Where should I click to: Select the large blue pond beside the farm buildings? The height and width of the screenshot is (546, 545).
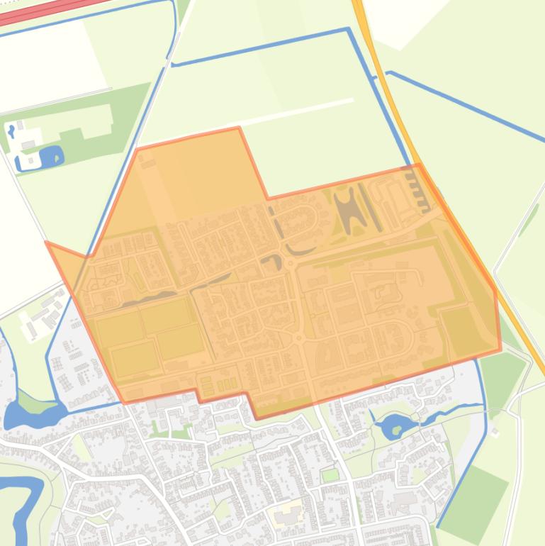tap(51, 156)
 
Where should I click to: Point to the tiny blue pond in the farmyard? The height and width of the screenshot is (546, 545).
tap(12, 130)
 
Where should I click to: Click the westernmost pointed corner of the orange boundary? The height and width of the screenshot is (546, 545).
tap(47, 243)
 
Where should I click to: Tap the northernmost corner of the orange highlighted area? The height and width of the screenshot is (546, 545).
tap(238, 128)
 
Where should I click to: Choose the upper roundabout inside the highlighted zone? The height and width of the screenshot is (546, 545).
tap(290, 263)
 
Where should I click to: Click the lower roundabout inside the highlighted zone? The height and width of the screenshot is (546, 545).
tap(300, 340)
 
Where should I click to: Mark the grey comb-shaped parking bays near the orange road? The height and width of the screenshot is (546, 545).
tap(419, 192)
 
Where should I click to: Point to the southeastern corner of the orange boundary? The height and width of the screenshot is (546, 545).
tap(500, 349)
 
